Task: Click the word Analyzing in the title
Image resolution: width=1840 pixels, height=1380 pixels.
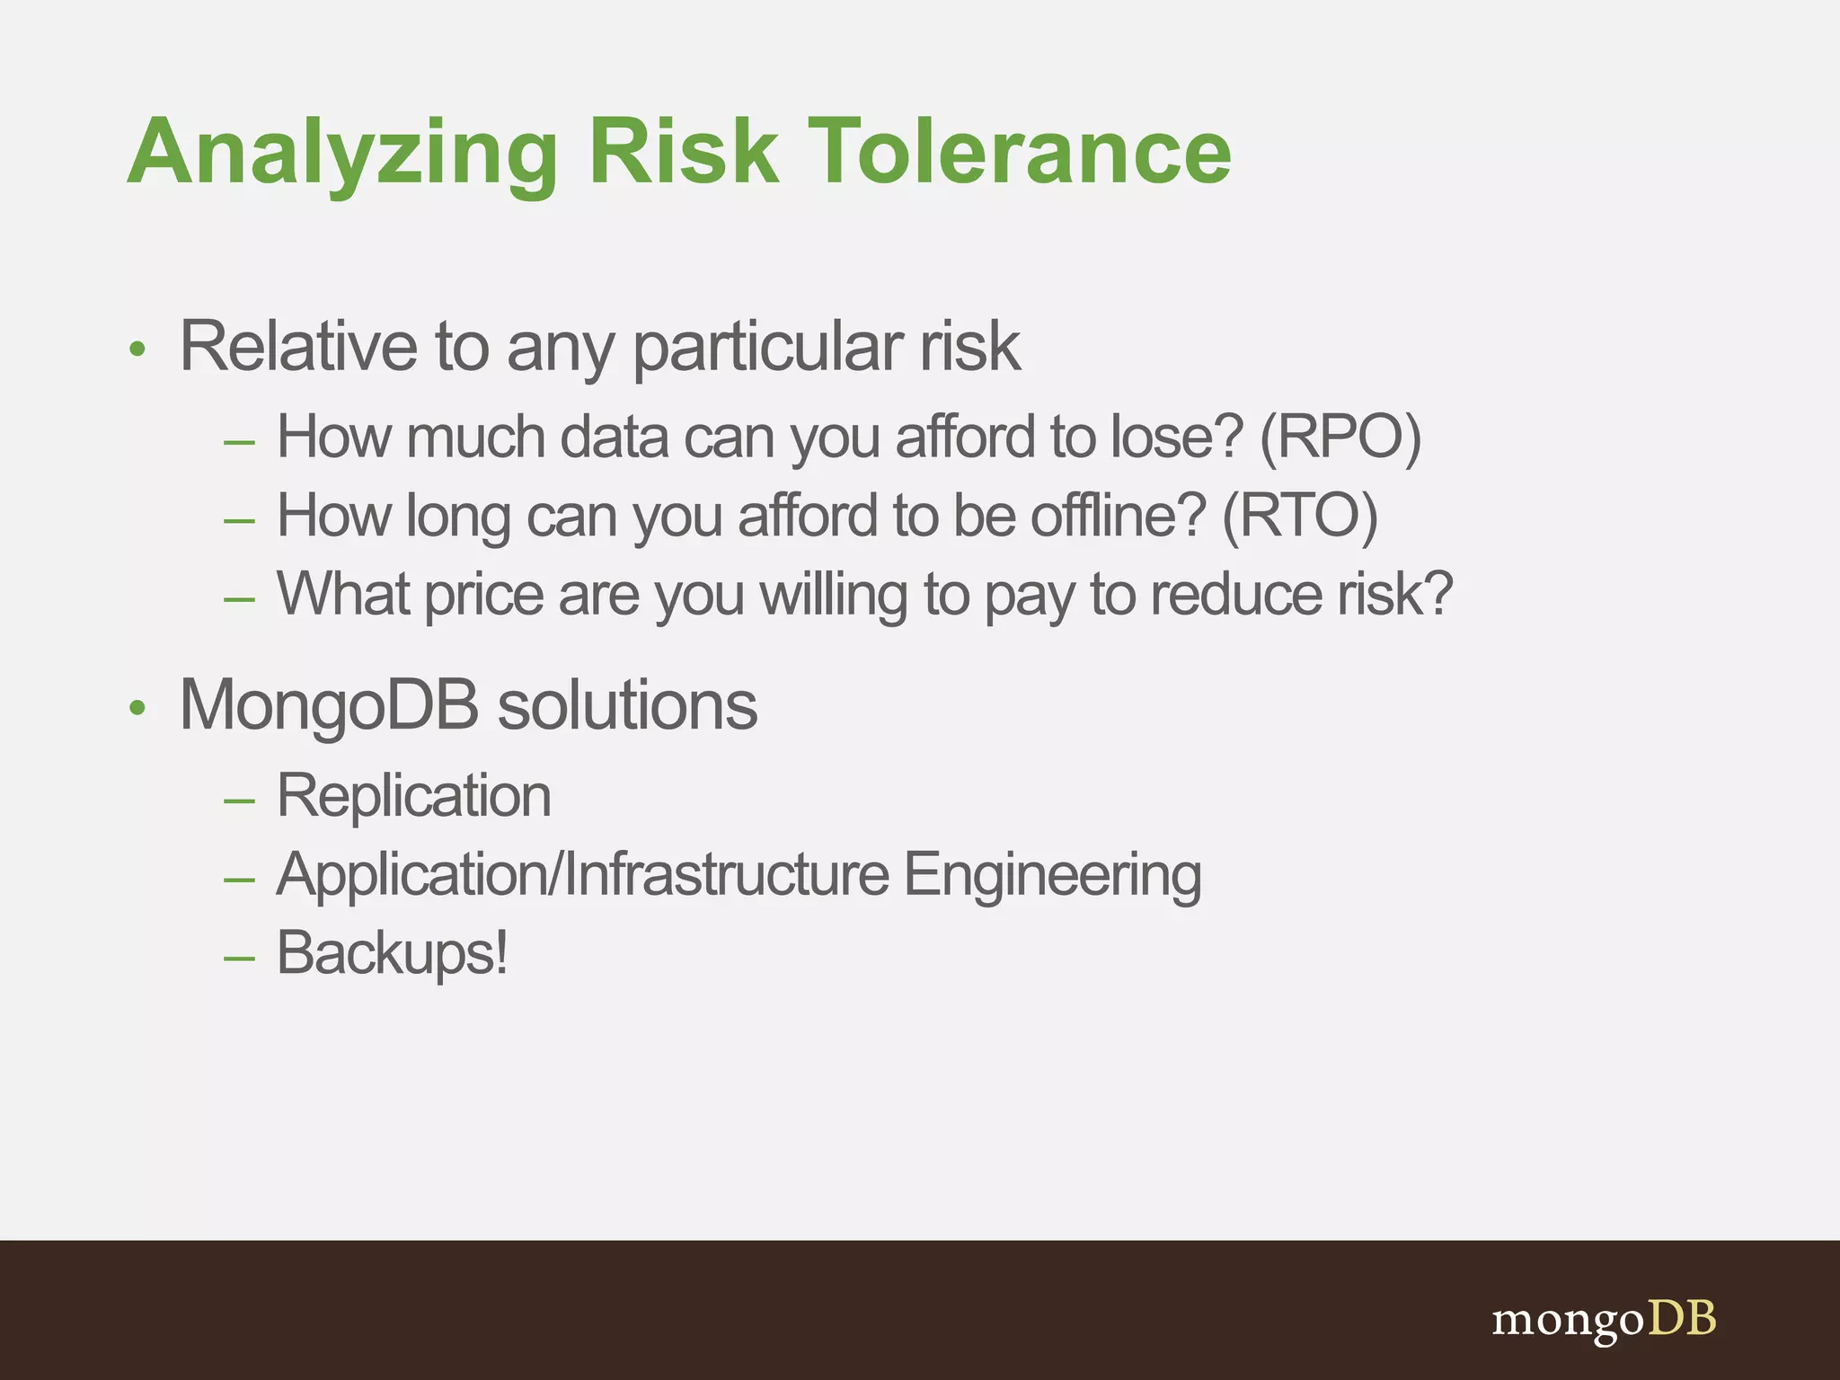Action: pos(342,155)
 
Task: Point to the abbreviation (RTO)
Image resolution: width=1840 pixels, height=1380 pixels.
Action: pos(1299,517)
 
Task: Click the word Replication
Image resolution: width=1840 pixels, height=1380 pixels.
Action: pos(414,796)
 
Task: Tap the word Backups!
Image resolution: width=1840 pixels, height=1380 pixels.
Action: pos(393,953)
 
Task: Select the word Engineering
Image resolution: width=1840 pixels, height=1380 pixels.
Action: pos(1052,877)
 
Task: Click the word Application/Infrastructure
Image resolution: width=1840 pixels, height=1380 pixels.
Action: pos(583,875)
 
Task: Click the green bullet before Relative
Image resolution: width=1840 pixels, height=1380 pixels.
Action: pos(137,349)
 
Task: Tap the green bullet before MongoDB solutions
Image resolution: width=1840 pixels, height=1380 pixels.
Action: pos(137,708)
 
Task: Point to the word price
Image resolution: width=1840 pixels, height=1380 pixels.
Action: pos(483,597)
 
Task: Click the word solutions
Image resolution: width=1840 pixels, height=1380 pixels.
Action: pos(627,706)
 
